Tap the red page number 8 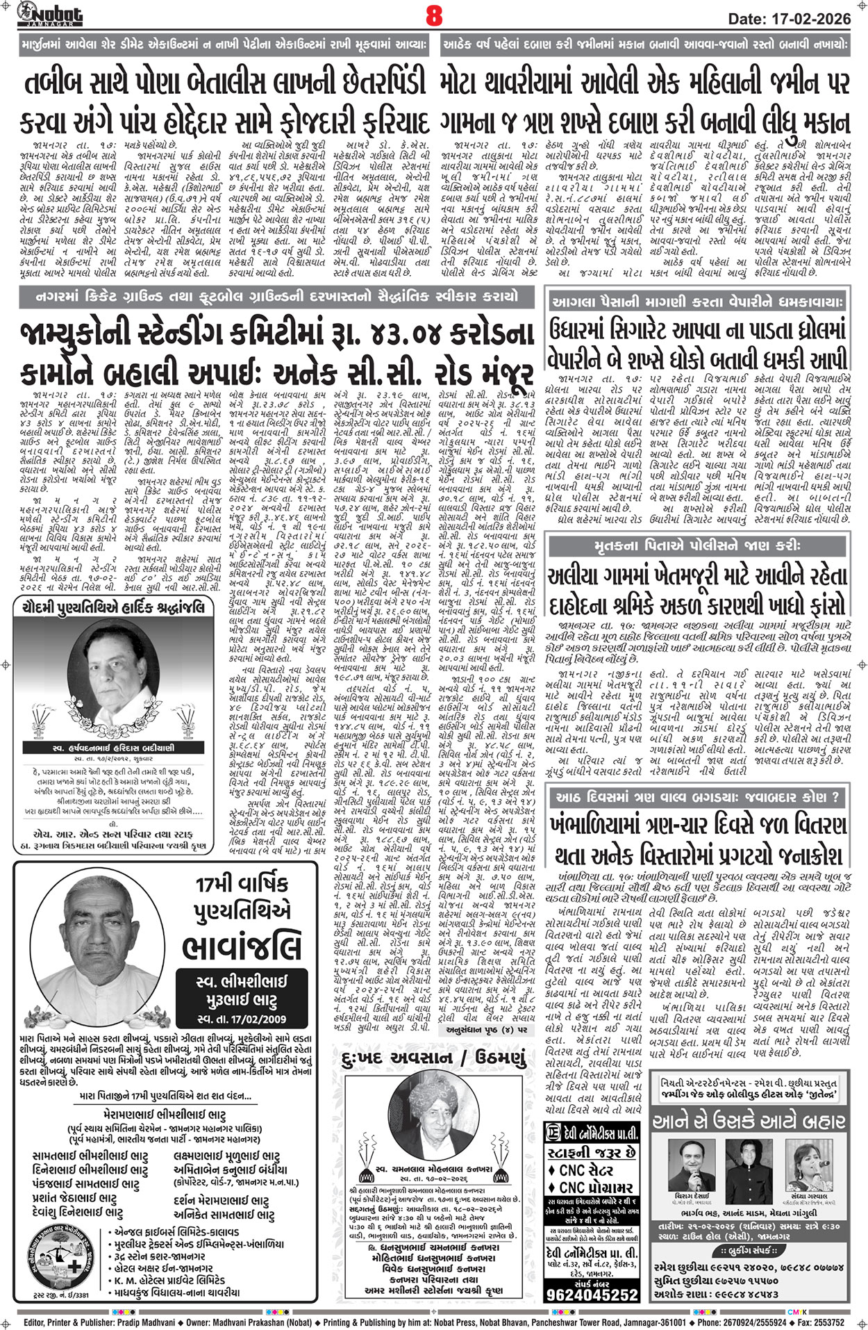[x=434, y=15]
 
